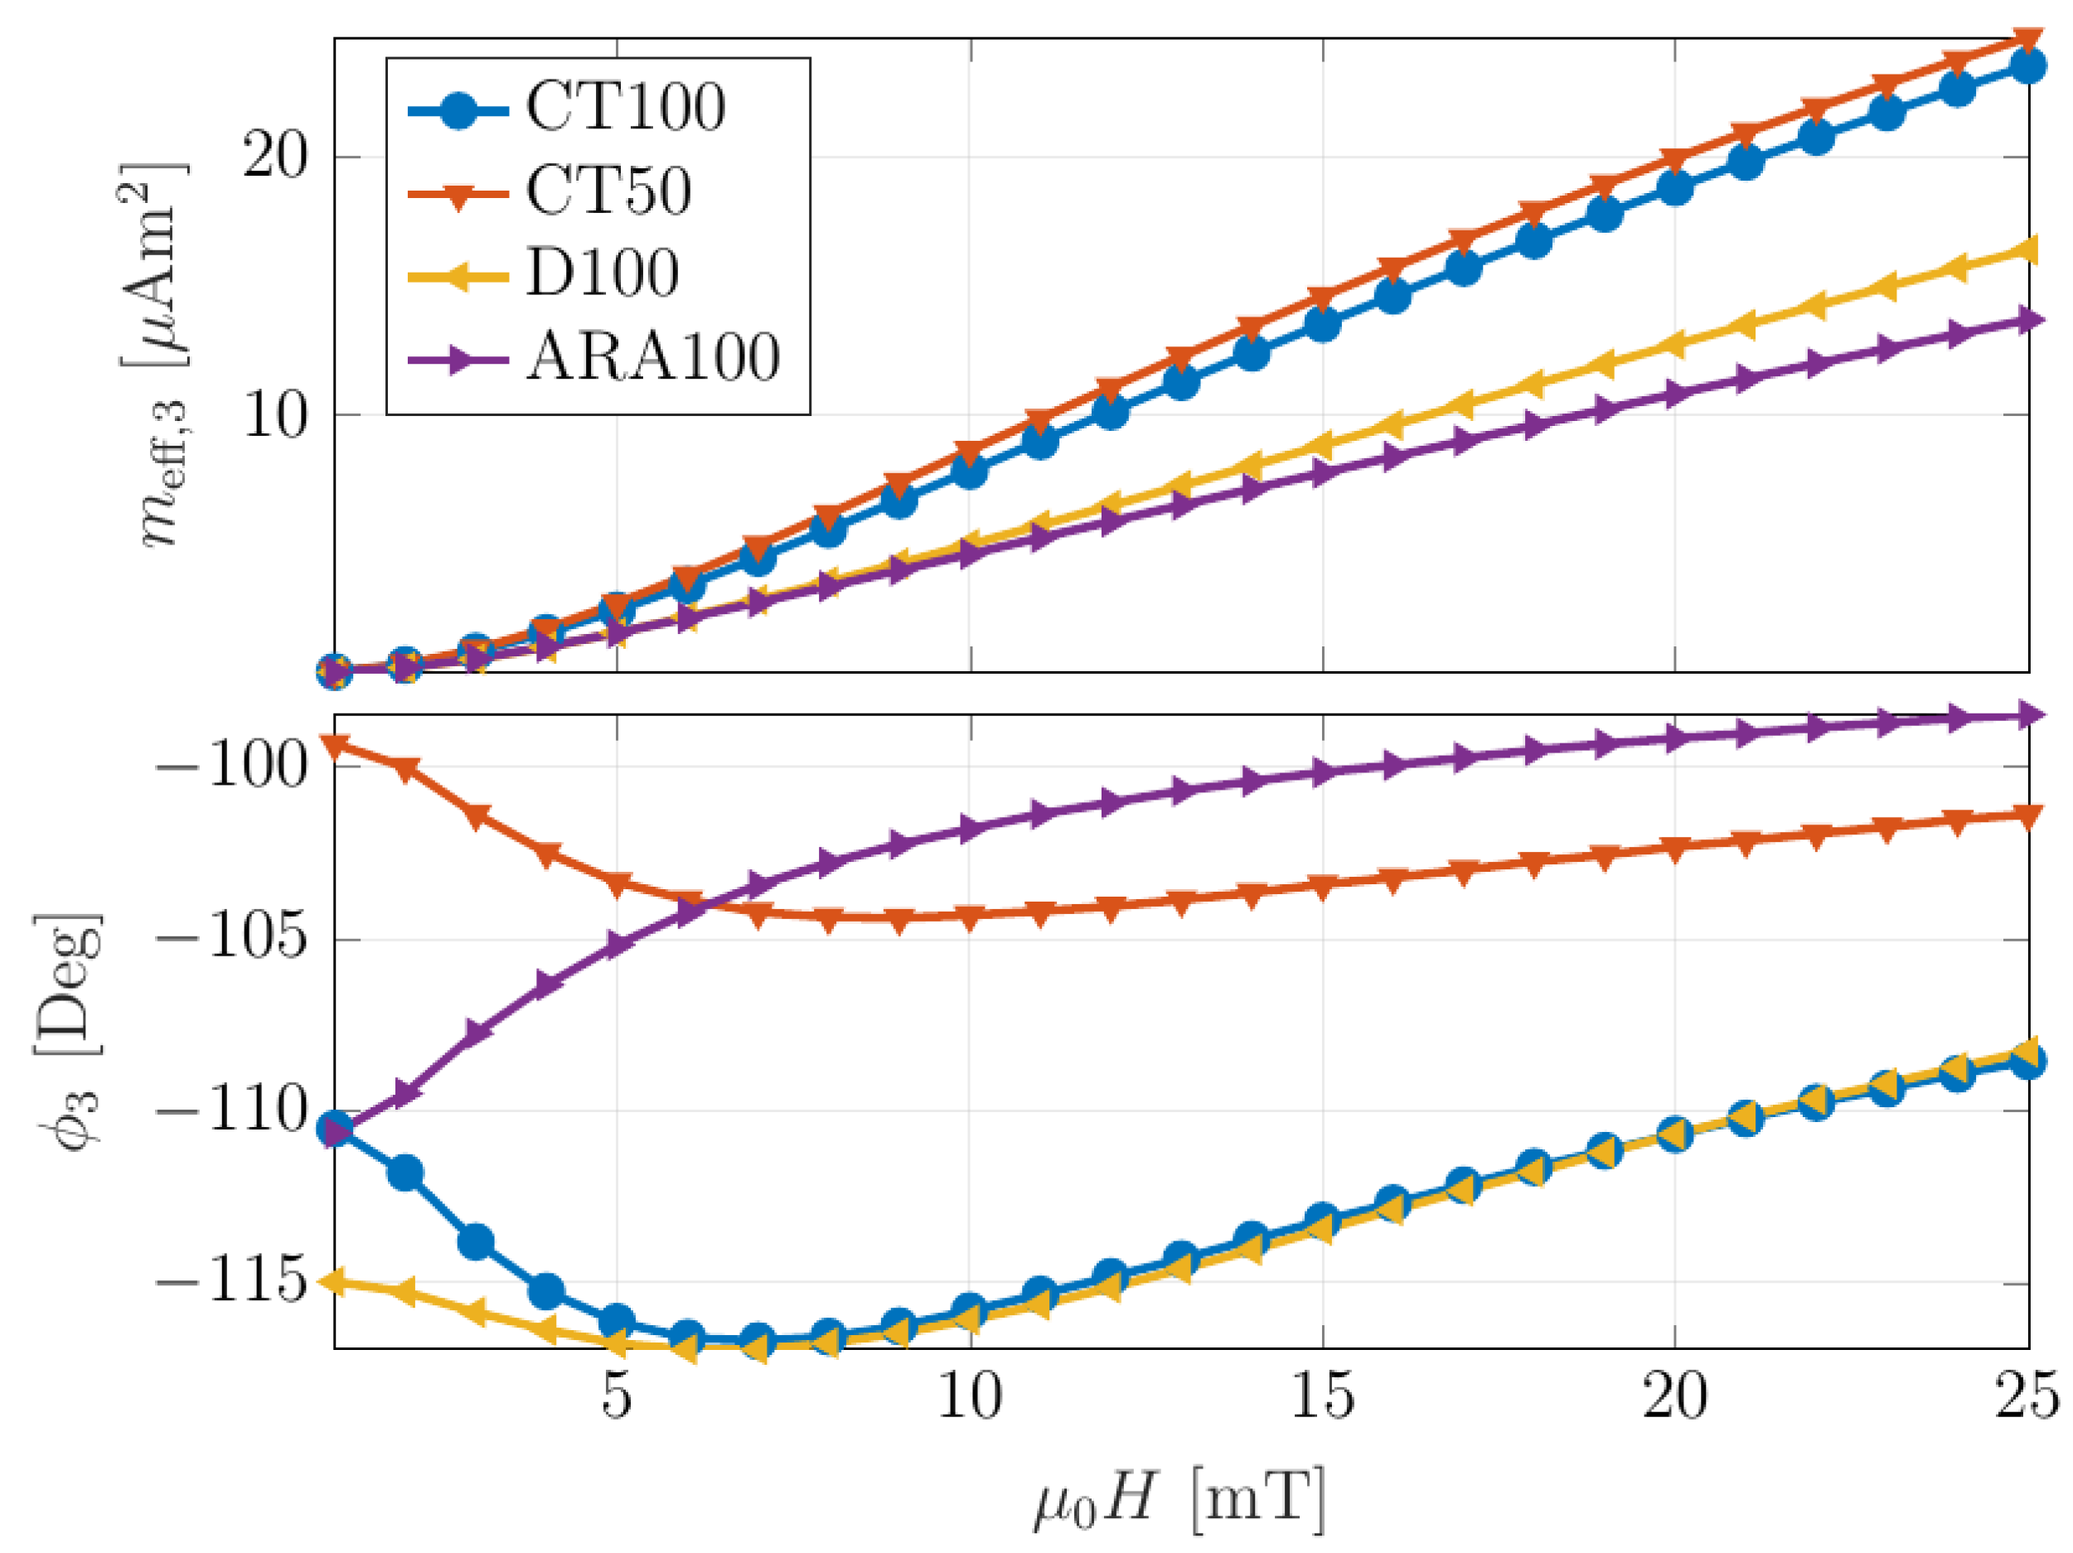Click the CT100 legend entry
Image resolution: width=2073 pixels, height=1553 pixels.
point(624,107)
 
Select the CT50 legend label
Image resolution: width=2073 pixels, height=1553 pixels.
point(608,191)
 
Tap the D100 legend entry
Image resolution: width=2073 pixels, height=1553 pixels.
point(602,273)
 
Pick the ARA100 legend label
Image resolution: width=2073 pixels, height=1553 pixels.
point(652,358)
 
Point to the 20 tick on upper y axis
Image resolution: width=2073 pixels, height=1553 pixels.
point(274,156)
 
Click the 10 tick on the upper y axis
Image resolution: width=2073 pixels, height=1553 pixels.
point(274,414)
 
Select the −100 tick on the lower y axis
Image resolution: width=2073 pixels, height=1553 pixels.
point(231,766)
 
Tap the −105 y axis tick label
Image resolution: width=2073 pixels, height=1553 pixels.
point(231,937)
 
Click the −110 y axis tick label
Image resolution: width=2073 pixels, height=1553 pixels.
point(231,1110)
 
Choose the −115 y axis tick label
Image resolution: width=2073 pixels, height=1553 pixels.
point(231,1281)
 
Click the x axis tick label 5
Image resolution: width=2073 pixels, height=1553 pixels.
point(617,1396)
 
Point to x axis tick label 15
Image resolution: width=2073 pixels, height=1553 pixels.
point(1322,1396)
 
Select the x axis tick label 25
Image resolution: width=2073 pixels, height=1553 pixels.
point(2027,1396)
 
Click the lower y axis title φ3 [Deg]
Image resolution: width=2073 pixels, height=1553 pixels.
point(70,1031)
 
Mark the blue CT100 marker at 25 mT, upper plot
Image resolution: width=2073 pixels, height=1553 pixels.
point(2028,66)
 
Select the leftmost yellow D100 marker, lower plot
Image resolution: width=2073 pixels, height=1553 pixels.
point(335,1281)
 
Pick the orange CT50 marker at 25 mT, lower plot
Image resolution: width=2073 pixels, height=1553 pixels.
point(2028,816)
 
